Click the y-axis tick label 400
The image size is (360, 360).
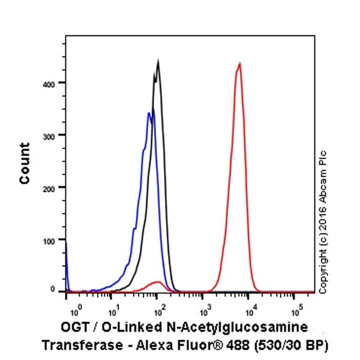pyautogui.click(x=52, y=83)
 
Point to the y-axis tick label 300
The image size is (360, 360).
pyautogui.click(x=52, y=136)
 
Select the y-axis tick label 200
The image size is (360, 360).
pyautogui.click(x=52, y=188)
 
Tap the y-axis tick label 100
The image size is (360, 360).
pyautogui.click(x=52, y=240)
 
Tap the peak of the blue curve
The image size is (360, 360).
pyautogui.click(x=149, y=112)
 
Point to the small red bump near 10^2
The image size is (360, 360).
pyautogui.click(x=157, y=281)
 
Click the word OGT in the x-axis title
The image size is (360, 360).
pyautogui.click(x=74, y=328)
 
